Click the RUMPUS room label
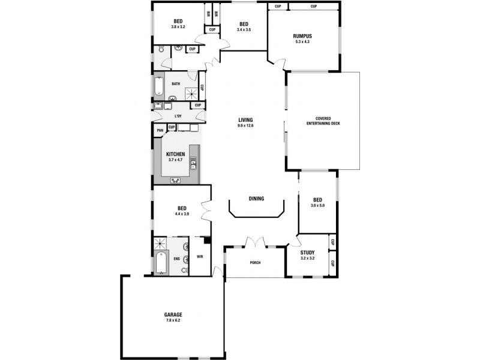[303, 36]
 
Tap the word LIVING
[245, 120]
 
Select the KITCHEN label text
[175, 154]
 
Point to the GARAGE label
[173, 314]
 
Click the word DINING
[256, 199]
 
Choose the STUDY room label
[307, 253]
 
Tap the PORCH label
[254, 263]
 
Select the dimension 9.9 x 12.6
[246, 126]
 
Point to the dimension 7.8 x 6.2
[173, 320]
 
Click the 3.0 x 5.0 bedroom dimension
[317, 206]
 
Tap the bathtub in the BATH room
[158, 86]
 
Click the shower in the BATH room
[191, 93]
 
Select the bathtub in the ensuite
[160, 263]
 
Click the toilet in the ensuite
[186, 259]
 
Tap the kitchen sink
[193, 162]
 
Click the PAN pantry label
[160, 130]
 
